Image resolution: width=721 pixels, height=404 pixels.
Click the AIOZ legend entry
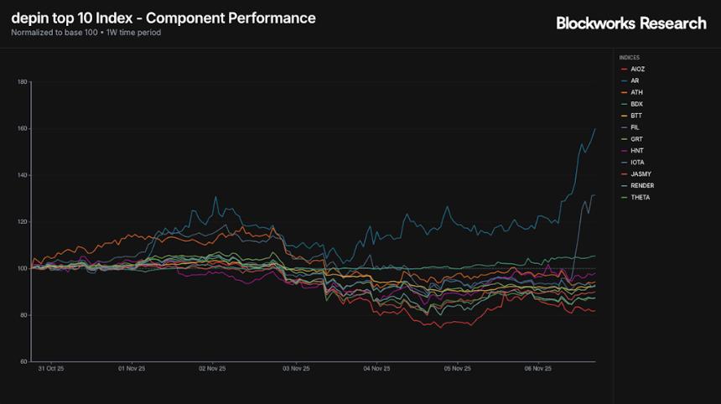point(637,69)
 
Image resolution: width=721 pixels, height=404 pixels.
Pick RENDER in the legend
point(641,186)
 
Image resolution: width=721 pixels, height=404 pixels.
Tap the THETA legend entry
point(640,198)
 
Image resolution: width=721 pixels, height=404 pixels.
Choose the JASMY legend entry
point(640,174)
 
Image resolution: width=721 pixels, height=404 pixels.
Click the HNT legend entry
point(635,151)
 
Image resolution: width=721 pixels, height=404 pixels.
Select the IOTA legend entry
point(637,163)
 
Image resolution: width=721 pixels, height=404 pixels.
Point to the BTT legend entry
point(635,116)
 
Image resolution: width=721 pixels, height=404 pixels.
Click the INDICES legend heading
point(629,58)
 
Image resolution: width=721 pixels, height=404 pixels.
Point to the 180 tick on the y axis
point(22,82)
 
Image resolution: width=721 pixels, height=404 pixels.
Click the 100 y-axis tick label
point(22,268)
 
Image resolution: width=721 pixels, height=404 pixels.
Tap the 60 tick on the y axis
point(23,362)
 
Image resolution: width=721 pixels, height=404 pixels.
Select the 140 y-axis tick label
point(22,175)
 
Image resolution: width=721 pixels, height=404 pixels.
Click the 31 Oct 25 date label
point(51,368)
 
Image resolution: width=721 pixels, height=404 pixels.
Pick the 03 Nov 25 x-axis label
point(295,368)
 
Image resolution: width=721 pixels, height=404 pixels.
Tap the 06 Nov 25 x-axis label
point(537,368)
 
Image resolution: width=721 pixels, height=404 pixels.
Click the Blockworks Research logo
point(630,23)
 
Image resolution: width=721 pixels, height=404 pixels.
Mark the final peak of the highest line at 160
point(594,129)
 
